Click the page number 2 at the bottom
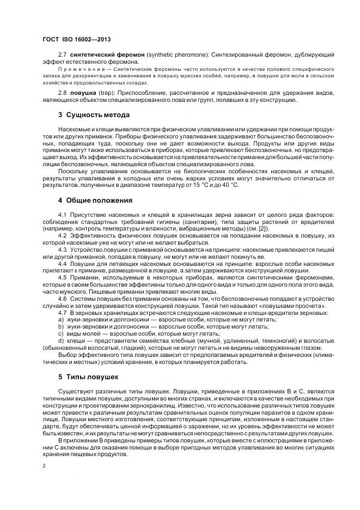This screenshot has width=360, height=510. coord(44,466)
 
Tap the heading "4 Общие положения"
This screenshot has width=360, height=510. coord(95,201)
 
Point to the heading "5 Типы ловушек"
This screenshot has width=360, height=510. coord(89,376)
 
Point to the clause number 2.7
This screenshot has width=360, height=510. coord(62,56)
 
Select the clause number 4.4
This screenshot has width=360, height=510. coord(62,263)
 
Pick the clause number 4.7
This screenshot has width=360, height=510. coord(62,312)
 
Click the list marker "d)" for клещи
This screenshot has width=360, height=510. coord(61,341)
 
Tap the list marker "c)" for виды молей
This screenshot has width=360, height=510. coord(61,333)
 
